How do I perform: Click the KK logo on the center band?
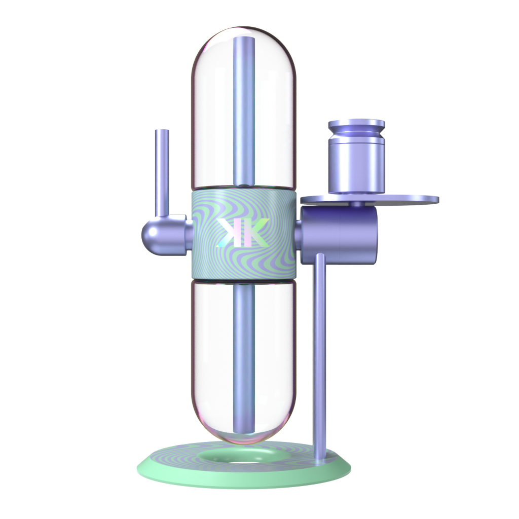(242, 234)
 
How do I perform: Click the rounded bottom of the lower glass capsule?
(242, 436)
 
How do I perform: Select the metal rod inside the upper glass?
(243, 112)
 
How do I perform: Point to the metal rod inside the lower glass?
(243, 355)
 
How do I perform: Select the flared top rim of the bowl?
(356, 124)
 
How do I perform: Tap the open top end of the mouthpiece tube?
(162, 131)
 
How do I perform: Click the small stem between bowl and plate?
(358, 203)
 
